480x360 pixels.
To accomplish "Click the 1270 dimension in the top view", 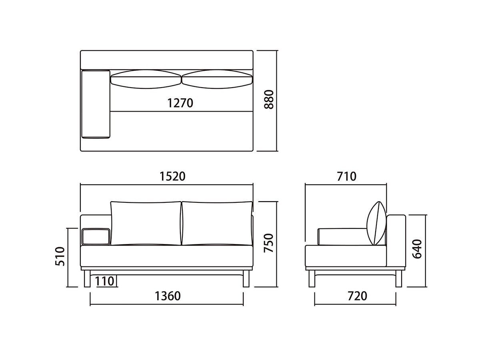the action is click(x=180, y=103).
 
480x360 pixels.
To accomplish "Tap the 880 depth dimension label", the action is click(x=269, y=100).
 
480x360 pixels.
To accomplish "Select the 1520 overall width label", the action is click(x=172, y=176).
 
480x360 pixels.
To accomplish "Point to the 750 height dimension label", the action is click(x=268, y=243).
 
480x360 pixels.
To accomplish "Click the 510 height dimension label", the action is click(x=60, y=256).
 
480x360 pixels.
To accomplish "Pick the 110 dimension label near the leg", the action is click(x=105, y=281).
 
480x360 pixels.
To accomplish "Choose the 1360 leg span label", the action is click(x=168, y=296).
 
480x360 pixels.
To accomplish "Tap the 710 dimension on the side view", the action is click(x=347, y=176).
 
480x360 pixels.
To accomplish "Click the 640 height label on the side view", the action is click(x=417, y=249).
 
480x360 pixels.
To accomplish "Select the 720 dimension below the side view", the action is click(x=357, y=296).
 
